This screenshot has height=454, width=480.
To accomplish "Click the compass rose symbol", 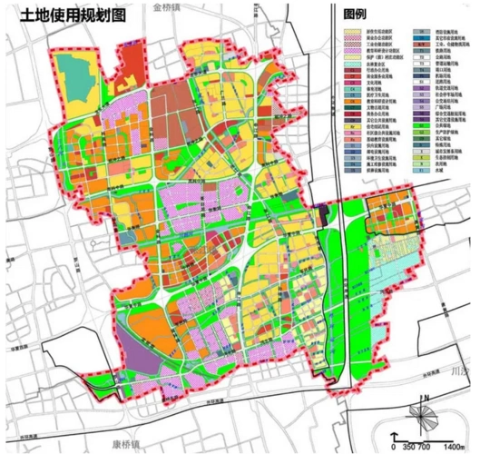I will tap(425, 415).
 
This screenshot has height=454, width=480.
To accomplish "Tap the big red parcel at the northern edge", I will tap(134, 62).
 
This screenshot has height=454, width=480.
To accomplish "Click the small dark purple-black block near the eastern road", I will tap(325, 216).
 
